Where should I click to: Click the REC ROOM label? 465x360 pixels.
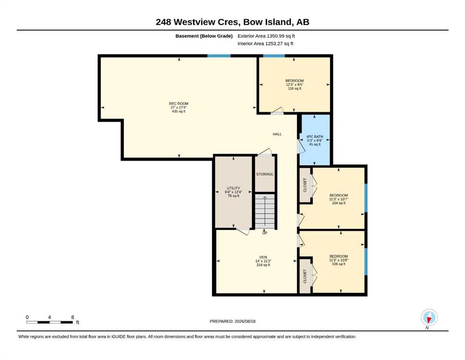(178, 104)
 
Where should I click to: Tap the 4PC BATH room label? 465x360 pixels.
(315, 136)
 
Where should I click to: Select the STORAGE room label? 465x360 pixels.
(265, 174)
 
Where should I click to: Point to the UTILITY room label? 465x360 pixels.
(233, 188)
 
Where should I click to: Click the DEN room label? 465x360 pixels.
(263, 257)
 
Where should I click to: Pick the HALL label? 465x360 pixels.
(277, 134)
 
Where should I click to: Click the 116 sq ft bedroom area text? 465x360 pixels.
(295, 89)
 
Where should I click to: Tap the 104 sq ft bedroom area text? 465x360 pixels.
(339, 203)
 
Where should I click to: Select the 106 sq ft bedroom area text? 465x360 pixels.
(339, 264)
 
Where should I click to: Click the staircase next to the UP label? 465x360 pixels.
(265, 211)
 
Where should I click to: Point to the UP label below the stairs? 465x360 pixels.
(265, 233)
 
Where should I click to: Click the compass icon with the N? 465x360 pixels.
(429, 317)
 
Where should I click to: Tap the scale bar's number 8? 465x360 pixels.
(73, 317)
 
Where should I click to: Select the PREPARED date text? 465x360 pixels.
(232, 321)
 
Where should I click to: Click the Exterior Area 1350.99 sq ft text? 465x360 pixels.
(266, 36)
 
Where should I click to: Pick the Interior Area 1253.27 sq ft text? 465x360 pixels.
(266, 44)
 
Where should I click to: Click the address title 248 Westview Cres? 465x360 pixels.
(198, 22)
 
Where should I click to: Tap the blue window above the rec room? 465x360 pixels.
(219, 56)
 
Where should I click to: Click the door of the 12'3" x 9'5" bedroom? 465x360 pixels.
(277, 111)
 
